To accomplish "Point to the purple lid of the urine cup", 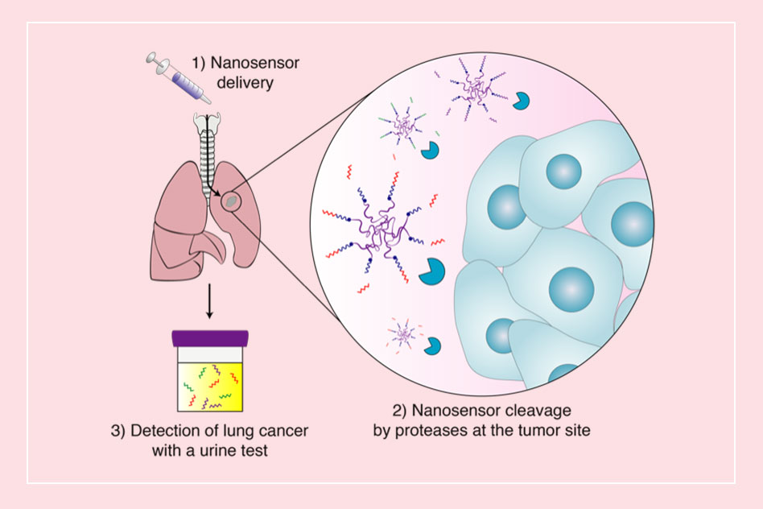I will [x=209, y=337].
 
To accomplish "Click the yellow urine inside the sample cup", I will [x=209, y=384].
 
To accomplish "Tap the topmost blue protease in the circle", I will [x=522, y=101].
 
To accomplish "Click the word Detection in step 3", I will [x=166, y=430].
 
